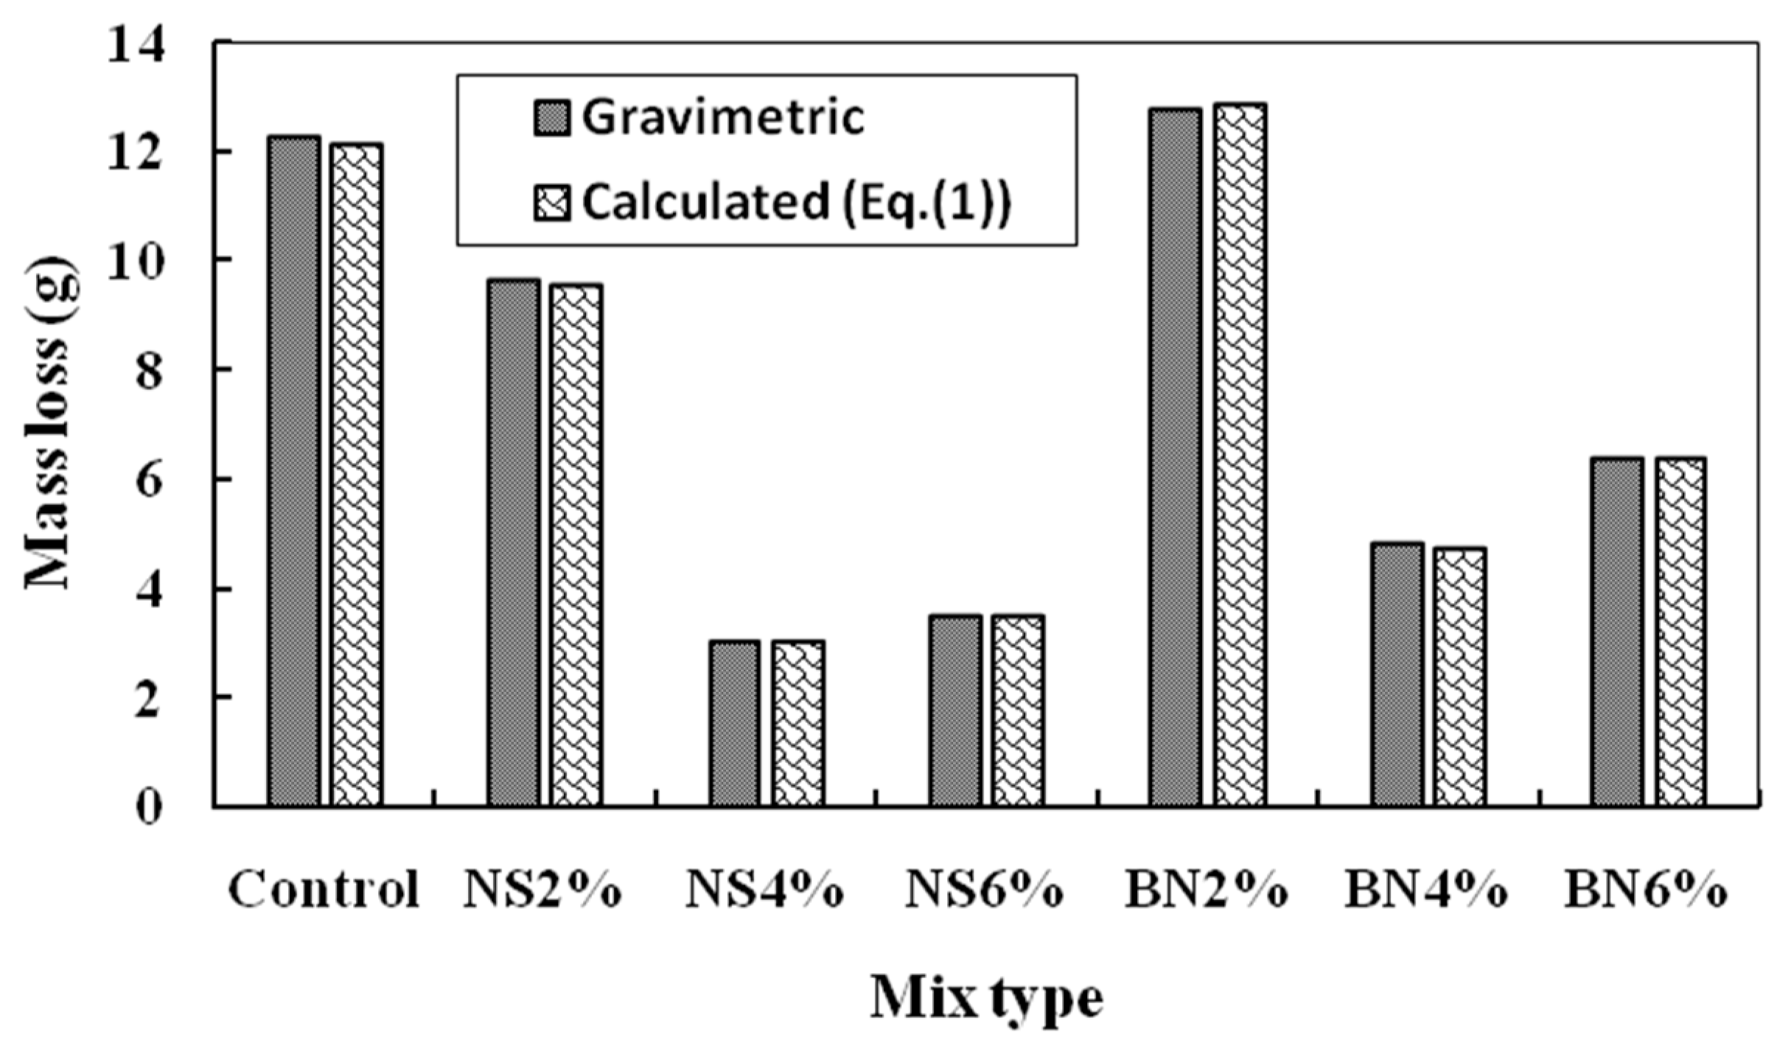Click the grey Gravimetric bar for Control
point(293,471)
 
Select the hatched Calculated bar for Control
point(356,475)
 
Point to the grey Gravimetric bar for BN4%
point(1397,674)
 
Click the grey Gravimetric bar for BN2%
point(1175,457)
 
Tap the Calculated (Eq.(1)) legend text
point(796,202)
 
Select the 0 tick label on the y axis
point(148,808)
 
